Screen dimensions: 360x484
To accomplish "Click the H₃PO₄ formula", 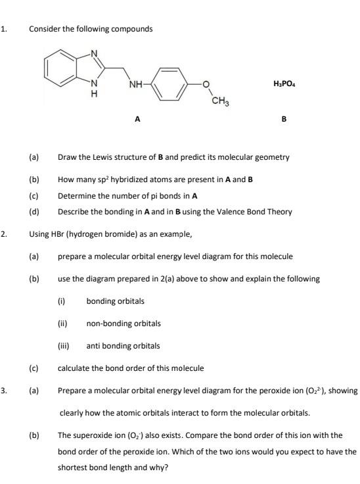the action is click(x=283, y=84).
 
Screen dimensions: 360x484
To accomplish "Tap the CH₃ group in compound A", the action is click(x=220, y=101).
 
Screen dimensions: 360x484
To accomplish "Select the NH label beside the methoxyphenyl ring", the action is click(x=136, y=85).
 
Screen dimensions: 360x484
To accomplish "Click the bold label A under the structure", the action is click(x=137, y=119).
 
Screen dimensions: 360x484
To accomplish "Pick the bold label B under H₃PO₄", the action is click(x=283, y=119).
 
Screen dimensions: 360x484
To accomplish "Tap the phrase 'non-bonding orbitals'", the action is click(x=124, y=323).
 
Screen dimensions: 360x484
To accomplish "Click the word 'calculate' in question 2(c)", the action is click(x=73, y=368).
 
